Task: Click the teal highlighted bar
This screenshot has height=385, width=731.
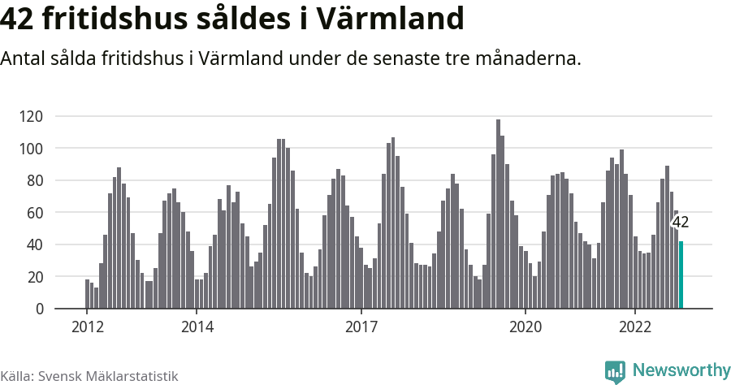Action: pyautogui.click(x=681, y=275)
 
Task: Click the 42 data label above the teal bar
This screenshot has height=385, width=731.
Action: pyautogui.click(x=680, y=223)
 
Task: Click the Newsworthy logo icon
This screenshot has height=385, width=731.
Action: pyautogui.click(x=615, y=371)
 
